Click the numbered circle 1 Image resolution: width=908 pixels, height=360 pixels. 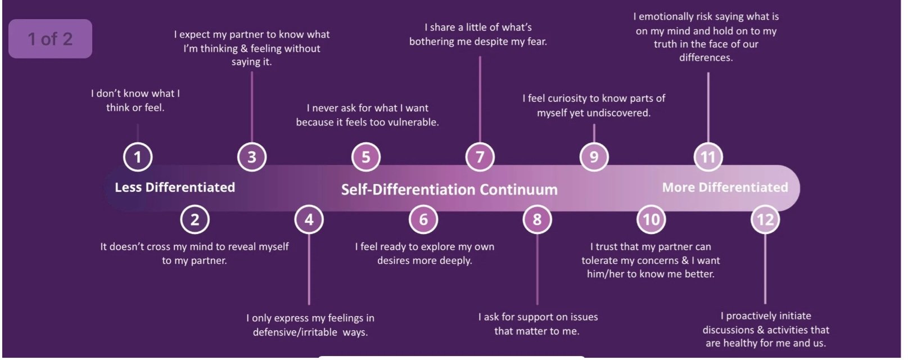pos(138,156)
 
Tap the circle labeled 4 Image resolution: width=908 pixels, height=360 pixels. pos(309,219)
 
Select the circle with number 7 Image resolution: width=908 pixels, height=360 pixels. pos(480,156)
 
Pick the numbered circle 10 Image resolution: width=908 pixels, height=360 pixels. pos(651,219)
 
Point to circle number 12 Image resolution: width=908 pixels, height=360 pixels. pos(765,219)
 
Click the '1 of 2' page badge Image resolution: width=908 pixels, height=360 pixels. pos(50,39)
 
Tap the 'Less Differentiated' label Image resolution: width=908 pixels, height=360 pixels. pos(175,187)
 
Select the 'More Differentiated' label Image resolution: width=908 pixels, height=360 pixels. pos(725,187)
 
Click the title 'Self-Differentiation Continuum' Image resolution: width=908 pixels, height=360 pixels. pos(449,190)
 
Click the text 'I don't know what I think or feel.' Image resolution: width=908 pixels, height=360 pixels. pos(135,100)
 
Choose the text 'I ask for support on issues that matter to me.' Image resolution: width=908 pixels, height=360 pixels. pos(537,324)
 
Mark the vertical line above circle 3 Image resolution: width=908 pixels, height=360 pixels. pos(252,107)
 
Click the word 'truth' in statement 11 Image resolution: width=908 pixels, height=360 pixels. pos(667,44)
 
